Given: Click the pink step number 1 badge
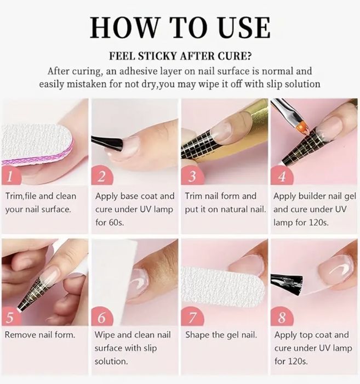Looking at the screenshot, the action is (x=11, y=176).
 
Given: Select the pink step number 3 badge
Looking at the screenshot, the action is (x=192, y=176).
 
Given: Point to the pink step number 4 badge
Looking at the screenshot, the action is (x=282, y=176).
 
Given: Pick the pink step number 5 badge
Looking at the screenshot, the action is (x=11, y=317).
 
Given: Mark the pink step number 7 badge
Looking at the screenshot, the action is (x=192, y=317).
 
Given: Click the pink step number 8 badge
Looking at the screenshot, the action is (x=282, y=317).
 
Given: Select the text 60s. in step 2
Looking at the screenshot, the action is (x=115, y=222).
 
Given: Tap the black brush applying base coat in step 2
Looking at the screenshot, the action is (x=107, y=143).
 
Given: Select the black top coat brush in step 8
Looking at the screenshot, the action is (x=287, y=284).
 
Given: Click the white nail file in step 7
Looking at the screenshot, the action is (x=223, y=286).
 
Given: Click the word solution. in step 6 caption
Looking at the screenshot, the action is (x=111, y=361).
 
